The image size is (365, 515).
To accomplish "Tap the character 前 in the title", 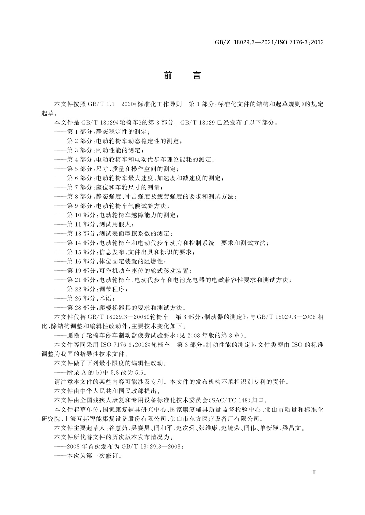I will [168, 75].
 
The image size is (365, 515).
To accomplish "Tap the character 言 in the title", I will [196, 75].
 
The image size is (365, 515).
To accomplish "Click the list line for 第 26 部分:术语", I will [86, 298].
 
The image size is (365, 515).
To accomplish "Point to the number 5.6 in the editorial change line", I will [140, 372].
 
